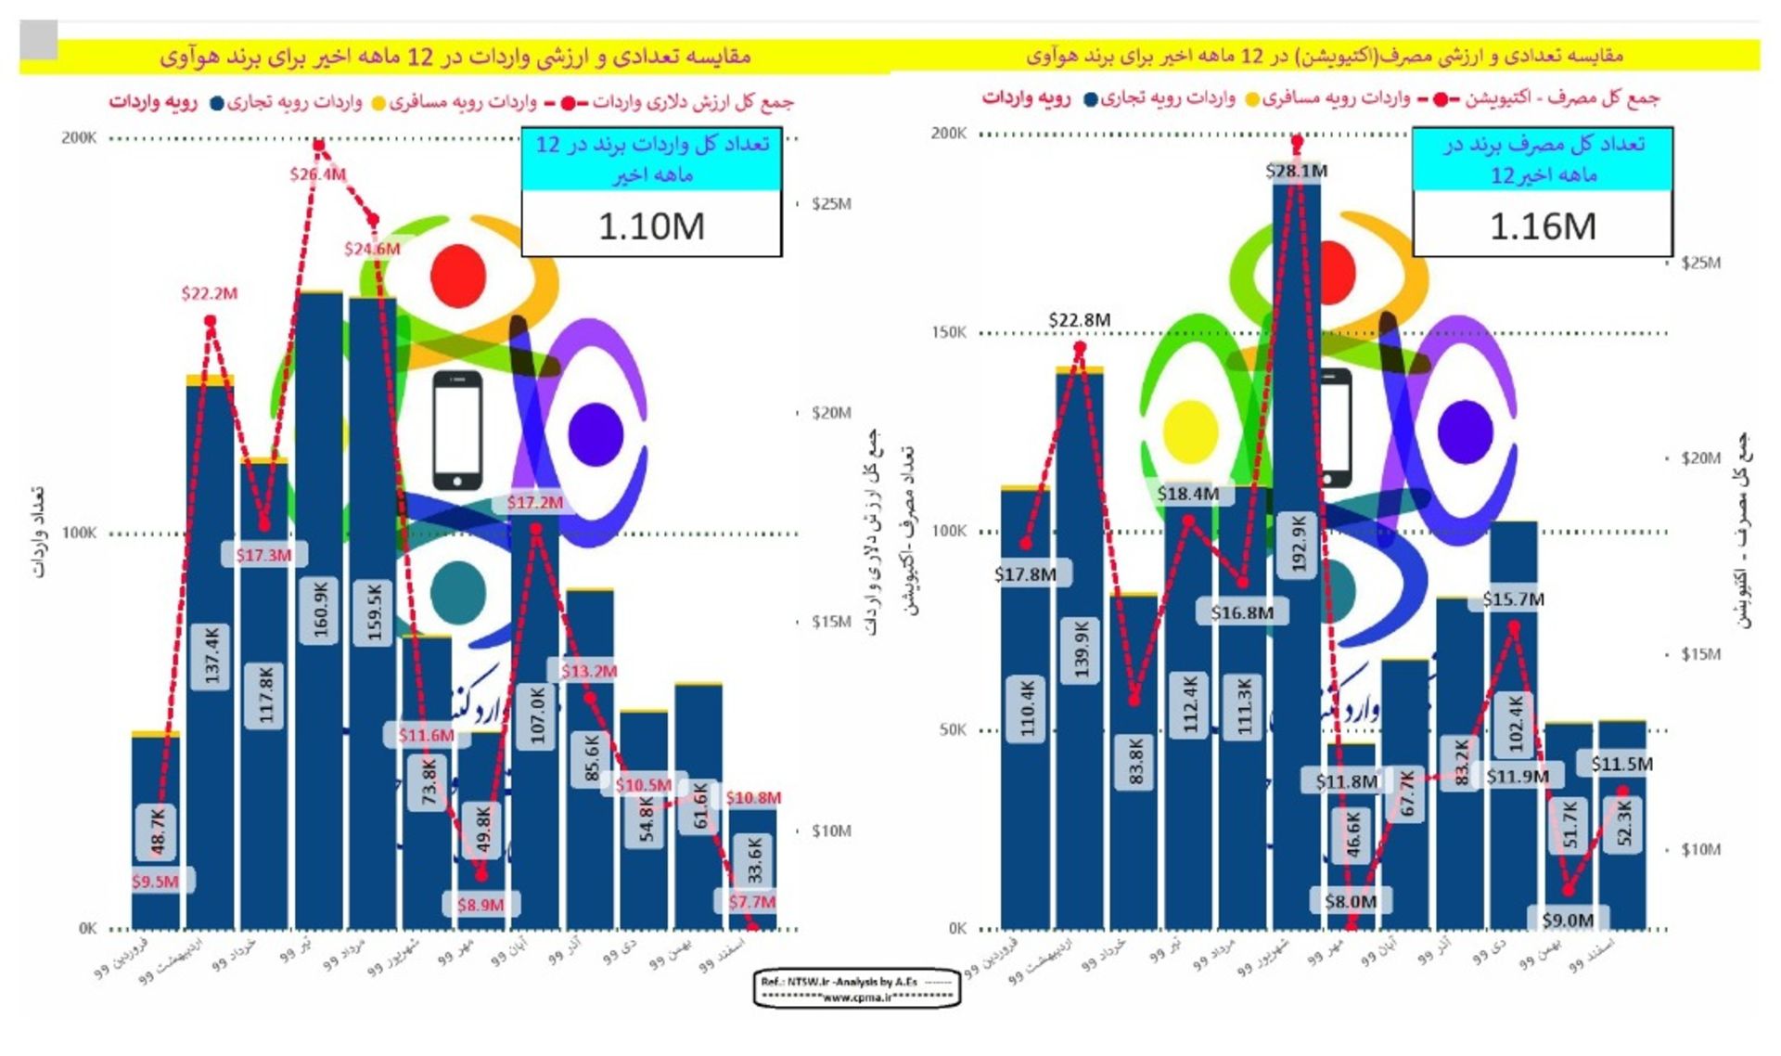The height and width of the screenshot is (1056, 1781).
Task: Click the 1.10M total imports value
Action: [x=651, y=226]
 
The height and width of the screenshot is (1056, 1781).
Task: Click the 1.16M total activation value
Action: [x=1543, y=226]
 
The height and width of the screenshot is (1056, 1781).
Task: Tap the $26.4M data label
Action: [x=317, y=174]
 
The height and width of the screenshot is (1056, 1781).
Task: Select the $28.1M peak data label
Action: [x=1296, y=171]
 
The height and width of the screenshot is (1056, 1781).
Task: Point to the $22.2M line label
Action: [x=209, y=294]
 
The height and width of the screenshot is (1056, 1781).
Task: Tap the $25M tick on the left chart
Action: [x=830, y=204]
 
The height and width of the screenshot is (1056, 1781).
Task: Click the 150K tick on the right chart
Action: [x=948, y=332]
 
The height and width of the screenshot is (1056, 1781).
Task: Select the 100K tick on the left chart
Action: [x=79, y=533]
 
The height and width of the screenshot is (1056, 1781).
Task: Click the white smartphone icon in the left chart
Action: [x=457, y=430]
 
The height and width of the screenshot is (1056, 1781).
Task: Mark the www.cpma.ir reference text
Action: [x=856, y=997]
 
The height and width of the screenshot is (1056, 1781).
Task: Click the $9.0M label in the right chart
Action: [x=1568, y=921]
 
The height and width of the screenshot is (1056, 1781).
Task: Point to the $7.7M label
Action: [x=751, y=902]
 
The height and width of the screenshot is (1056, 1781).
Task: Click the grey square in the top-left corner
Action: [x=39, y=40]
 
